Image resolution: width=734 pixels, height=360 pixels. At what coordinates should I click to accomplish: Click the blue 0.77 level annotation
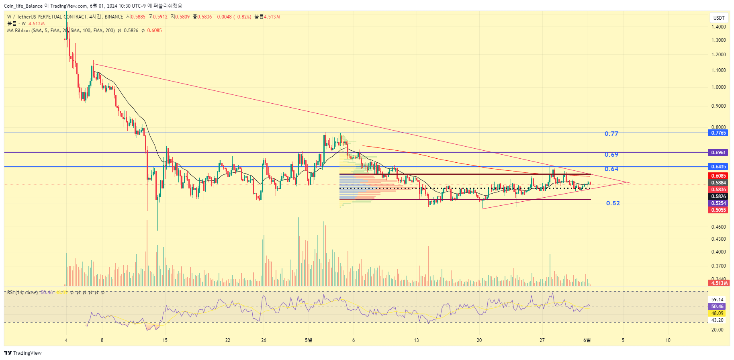tap(611, 134)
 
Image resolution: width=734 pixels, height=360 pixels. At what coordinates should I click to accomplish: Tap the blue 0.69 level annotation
tap(611, 155)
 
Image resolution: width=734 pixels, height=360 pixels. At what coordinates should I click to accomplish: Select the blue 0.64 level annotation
tap(611, 169)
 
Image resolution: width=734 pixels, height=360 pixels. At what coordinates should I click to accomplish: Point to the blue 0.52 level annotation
tap(613, 203)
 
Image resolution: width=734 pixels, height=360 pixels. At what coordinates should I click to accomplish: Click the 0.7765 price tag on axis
tap(718, 133)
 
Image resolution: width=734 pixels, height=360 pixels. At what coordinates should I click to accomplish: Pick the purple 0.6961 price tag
tap(718, 153)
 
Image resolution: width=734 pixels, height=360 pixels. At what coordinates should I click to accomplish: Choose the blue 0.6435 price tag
tap(718, 167)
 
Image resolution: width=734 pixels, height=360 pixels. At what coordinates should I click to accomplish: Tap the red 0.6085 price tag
tap(718, 176)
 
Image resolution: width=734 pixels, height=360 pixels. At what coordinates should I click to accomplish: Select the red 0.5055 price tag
tap(718, 210)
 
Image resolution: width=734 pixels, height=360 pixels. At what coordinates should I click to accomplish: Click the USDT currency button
tap(719, 18)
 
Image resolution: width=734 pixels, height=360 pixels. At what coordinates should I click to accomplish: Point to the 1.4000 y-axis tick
tap(718, 27)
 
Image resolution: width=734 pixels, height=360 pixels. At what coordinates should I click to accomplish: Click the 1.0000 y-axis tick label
tap(718, 87)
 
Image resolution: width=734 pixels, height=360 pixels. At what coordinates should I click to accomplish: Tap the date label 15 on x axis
tap(165, 340)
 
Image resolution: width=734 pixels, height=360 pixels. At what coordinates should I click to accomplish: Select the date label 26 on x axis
tap(264, 340)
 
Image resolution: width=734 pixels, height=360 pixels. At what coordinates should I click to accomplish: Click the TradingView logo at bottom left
tap(23, 353)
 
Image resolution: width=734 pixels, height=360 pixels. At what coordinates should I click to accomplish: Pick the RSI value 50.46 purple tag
tap(717, 307)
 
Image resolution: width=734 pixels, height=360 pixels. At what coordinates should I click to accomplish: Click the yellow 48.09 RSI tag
tap(717, 313)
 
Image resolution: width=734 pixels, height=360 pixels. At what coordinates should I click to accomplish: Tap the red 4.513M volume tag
tap(719, 283)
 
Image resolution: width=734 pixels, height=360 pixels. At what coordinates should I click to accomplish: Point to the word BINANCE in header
tap(114, 17)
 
